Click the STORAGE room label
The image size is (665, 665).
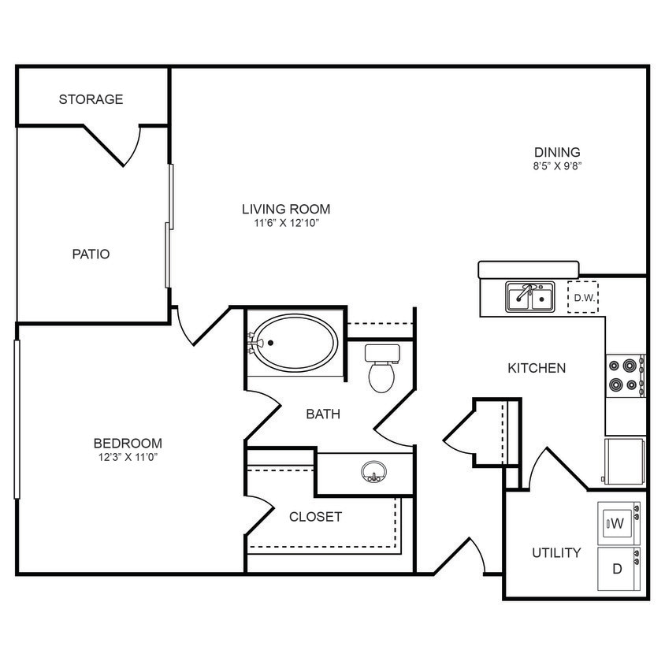91,99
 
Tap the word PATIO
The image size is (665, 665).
91,254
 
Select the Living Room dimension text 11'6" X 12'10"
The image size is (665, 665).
285,224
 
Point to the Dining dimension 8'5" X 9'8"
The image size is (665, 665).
557,166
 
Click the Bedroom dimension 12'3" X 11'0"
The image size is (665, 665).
128,457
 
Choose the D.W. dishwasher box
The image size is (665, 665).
583,298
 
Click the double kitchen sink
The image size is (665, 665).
529,298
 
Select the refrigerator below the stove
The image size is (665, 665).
625,460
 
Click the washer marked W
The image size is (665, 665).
618,522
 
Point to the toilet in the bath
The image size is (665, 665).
382,370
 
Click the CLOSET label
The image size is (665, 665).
315,517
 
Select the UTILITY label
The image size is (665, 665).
556,553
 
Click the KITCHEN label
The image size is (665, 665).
536,368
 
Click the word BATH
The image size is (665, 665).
323,414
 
